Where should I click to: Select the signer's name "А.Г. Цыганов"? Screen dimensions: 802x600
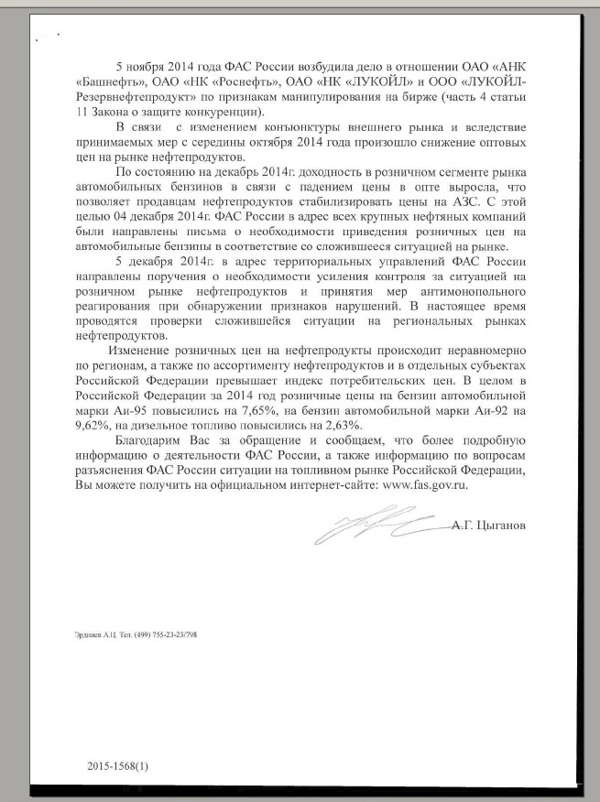coord(490,528)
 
